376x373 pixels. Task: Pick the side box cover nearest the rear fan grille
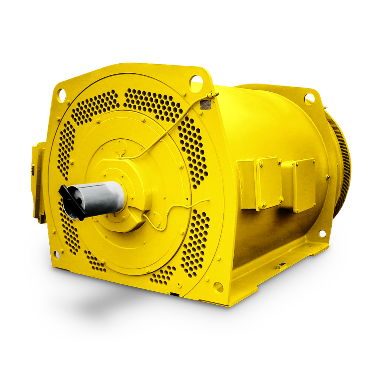304,186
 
